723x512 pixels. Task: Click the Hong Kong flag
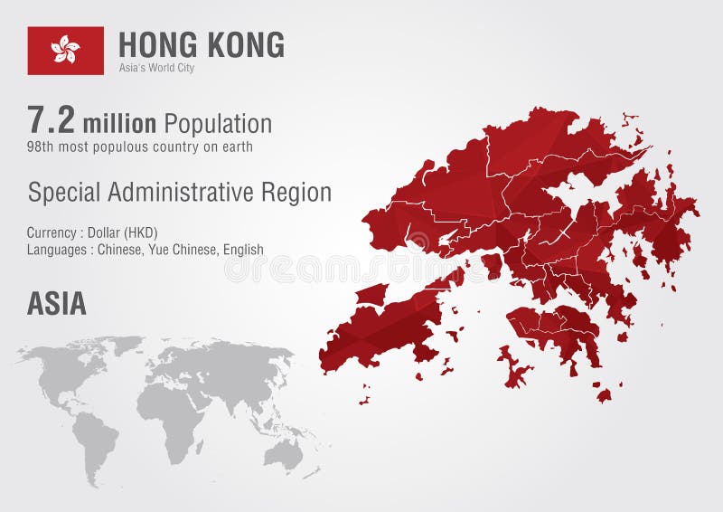pyautogui.click(x=65, y=51)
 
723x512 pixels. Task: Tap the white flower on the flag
pyautogui.click(x=65, y=50)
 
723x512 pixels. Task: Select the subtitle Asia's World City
pyautogui.click(x=156, y=68)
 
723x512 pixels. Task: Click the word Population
pyautogui.click(x=217, y=123)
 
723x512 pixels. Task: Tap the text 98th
pyautogui.click(x=42, y=146)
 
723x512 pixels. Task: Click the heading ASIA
pyautogui.click(x=56, y=304)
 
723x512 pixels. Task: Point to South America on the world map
pyautogui.click(x=94, y=441)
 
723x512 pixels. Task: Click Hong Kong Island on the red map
pyautogui.click(x=553, y=327)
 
